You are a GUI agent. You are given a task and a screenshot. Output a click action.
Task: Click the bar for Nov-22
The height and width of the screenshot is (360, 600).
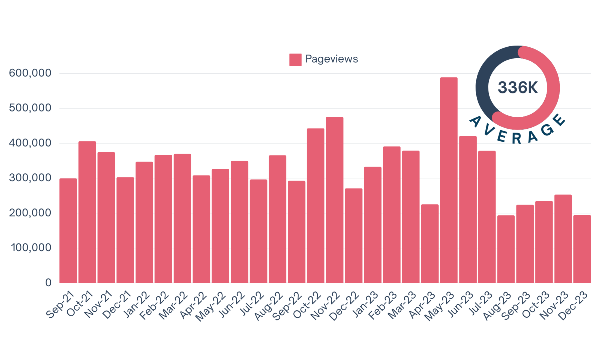(335, 200)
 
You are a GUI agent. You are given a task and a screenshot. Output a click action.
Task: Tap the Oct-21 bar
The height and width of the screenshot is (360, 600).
(87, 212)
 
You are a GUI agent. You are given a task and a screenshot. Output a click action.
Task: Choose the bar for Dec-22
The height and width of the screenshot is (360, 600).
(354, 235)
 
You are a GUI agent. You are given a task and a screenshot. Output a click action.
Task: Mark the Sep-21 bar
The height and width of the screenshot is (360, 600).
(68, 230)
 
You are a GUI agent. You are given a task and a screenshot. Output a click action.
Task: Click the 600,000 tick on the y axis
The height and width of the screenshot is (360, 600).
(30, 73)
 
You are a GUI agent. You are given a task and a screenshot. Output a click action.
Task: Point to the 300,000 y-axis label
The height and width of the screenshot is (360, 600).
(30, 178)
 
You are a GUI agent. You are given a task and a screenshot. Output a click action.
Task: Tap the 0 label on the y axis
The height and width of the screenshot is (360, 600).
(48, 283)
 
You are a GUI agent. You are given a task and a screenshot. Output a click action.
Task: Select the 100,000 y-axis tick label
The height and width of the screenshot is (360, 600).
(30, 248)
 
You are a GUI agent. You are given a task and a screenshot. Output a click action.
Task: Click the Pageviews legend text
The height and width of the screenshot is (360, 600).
(332, 59)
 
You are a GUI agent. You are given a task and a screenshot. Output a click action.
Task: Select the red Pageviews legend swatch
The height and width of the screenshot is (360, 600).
(295, 59)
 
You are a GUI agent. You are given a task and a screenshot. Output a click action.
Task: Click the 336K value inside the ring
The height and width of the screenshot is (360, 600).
(518, 88)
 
